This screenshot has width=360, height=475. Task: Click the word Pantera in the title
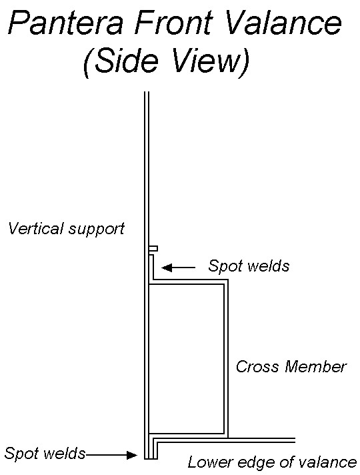(66, 23)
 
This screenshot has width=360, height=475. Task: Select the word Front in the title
(173, 23)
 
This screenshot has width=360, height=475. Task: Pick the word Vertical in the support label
(36, 228)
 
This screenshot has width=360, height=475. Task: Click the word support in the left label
(96, 230)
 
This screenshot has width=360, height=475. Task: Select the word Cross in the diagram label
(257, 366)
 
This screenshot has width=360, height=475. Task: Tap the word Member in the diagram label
(315, 366)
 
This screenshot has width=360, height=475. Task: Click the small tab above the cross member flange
(153, 249)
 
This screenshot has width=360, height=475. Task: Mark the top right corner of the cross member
(227, 280)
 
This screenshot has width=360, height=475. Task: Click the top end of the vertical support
(147, 92)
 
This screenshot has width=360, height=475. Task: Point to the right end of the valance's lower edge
(295, 440)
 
